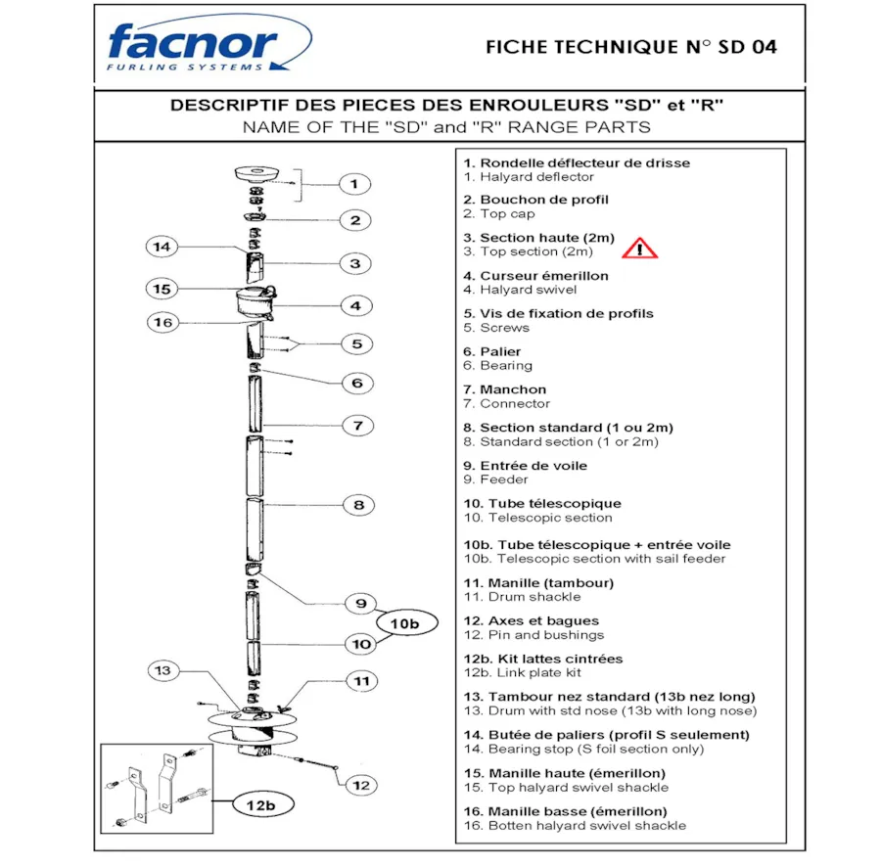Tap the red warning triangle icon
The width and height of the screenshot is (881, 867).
point(640,248)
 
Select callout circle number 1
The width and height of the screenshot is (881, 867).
point(355,183)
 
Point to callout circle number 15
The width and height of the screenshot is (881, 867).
point(162,289)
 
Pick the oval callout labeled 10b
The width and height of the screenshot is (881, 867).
point(404,623)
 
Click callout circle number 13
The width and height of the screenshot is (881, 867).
point(163,670)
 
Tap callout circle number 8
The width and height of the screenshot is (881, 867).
point(359,505)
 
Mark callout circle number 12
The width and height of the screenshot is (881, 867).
point(361,784)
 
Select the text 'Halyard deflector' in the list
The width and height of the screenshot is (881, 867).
point(536,177)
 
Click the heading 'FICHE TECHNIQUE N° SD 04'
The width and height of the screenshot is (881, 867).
point(630,47)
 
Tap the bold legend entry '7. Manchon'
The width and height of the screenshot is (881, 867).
point(505,389)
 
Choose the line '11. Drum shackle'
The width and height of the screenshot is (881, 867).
point(522,597)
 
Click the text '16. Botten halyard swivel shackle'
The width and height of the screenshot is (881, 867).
point(575,825)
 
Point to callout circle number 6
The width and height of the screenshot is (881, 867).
point(357,383)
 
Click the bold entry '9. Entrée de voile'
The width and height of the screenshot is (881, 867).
point(525,466)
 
